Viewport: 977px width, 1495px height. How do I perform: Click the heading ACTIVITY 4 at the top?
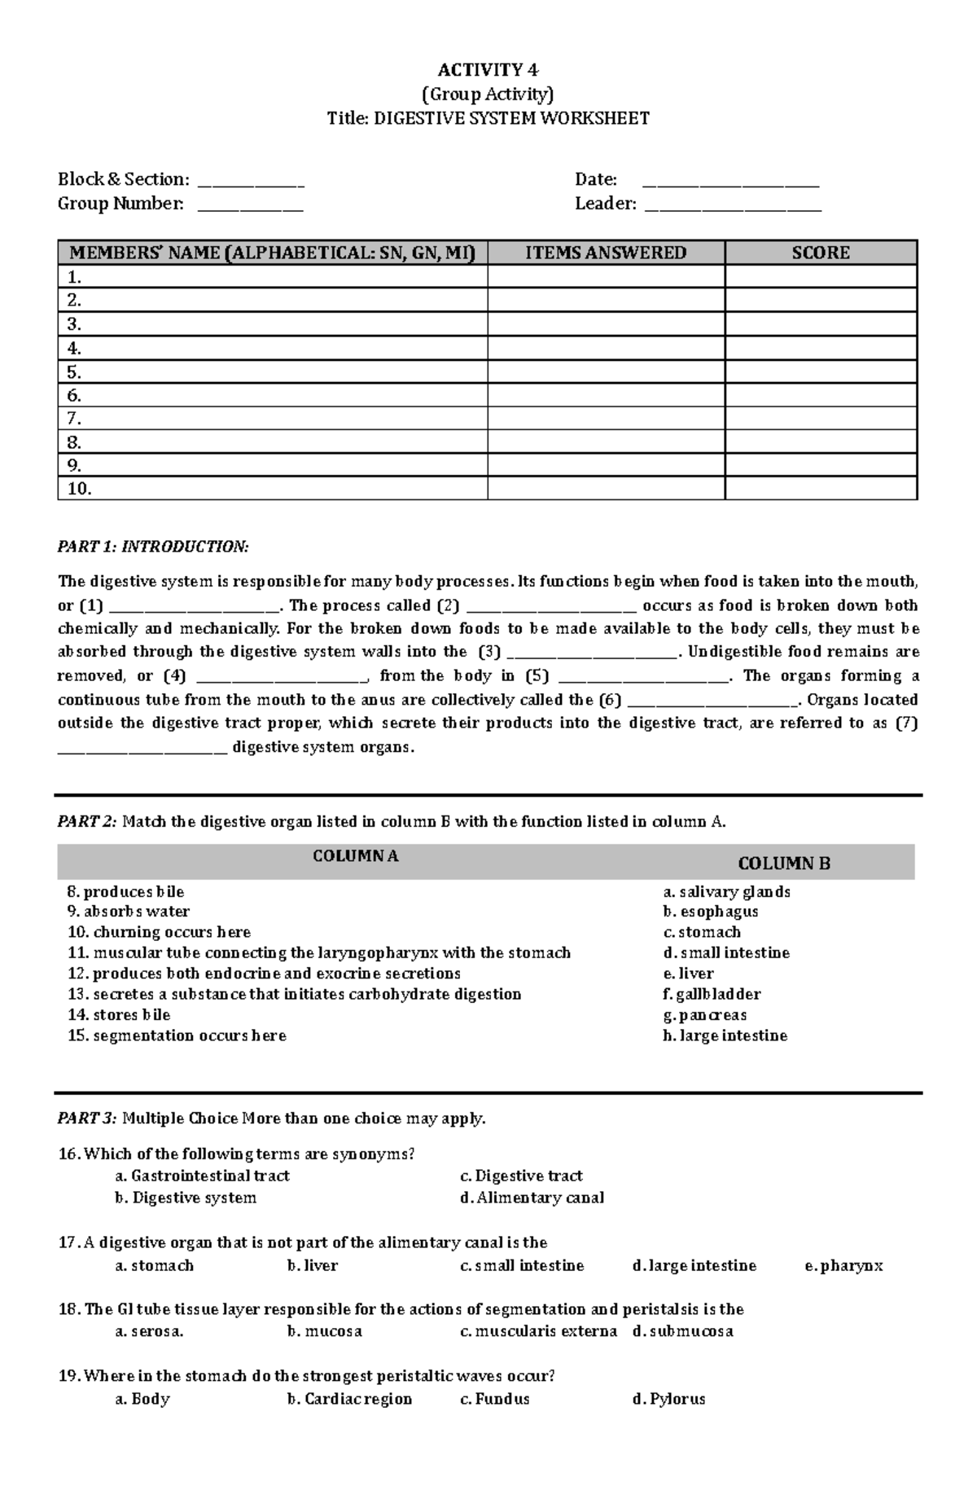(488, 70)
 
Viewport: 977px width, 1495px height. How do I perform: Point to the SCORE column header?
(821, 253)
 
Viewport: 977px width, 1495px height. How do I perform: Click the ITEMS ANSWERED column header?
(606, 253)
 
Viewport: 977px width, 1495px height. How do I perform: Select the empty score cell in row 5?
(821, 372)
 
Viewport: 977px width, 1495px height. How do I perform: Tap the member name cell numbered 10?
(273, 489)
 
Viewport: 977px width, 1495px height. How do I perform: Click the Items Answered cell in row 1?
(606, 277)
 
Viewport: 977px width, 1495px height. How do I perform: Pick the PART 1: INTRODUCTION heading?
(153, 546)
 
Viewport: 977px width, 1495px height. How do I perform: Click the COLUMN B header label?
(783, 864)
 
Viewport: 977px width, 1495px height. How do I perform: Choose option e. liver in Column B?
(688, 974)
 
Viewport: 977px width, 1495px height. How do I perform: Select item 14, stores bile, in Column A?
(120, 1015)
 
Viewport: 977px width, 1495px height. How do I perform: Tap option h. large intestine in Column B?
(725, 1036)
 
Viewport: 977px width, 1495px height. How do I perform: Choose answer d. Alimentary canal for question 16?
(532, 1198)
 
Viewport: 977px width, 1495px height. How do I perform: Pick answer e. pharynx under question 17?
(843, 1266)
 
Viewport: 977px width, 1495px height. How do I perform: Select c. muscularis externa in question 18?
(538, 1332)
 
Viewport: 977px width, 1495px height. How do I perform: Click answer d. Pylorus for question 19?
(668, 1400)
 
